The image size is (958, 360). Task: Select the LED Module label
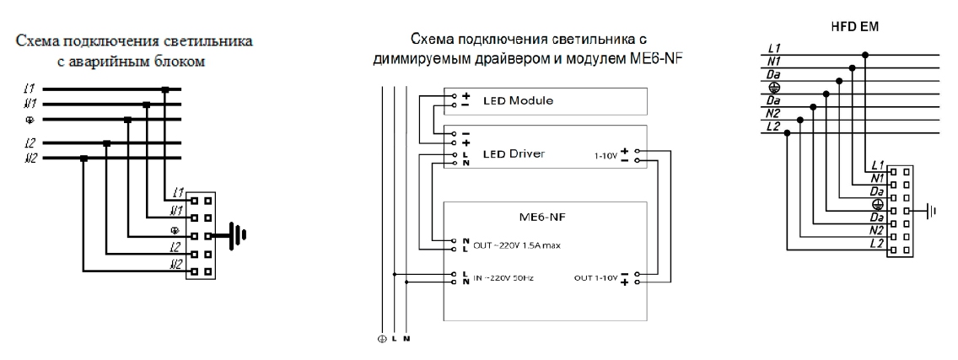(517, 100)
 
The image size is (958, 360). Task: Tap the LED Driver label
(514, 154)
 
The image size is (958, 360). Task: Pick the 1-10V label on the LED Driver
(605, 154)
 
